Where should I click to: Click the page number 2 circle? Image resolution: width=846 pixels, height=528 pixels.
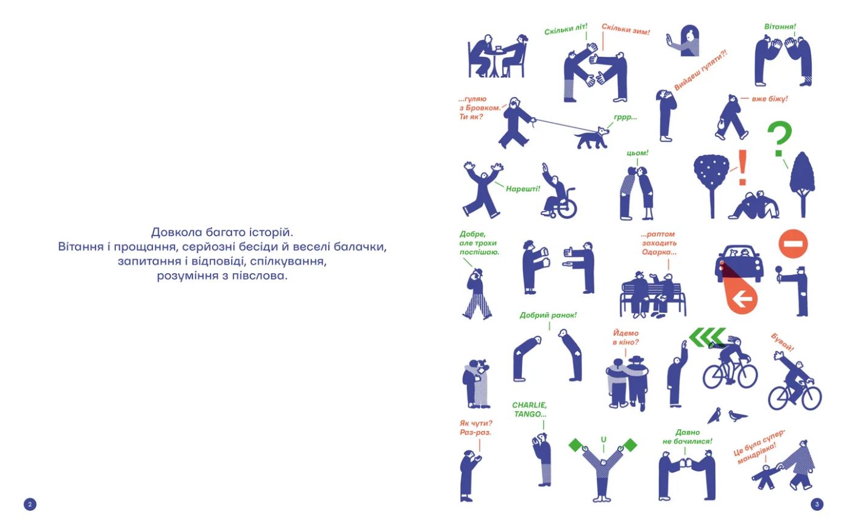(30, 504)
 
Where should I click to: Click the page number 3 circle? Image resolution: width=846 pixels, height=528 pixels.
(817, 504)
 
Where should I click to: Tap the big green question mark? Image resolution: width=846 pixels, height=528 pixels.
(780, 138)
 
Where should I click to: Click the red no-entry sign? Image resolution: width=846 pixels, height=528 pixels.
(793, 244)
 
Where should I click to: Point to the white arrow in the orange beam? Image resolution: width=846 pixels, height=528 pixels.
(742, 300)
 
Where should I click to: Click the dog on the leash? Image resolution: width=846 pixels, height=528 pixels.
(592, 138)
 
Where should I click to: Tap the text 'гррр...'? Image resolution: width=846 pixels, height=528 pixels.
(625, 117)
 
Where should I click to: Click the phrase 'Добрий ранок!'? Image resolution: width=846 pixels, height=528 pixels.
(548, 315)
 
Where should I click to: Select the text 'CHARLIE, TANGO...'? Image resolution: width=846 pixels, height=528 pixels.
(530, 409)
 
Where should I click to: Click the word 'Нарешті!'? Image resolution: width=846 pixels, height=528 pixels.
(523, 188)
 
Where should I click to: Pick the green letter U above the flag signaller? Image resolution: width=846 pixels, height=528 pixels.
(603, 440)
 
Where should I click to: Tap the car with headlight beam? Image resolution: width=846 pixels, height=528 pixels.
(739, 264)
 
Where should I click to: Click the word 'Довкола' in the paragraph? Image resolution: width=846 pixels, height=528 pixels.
(176, 232)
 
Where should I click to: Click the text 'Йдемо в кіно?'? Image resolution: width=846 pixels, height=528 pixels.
(626, 338)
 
